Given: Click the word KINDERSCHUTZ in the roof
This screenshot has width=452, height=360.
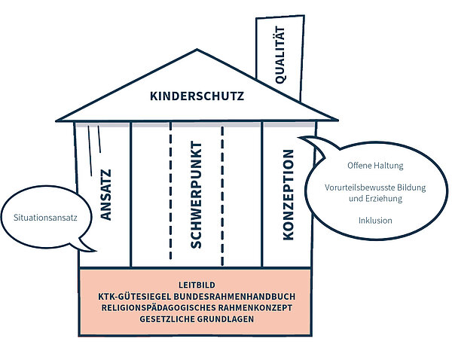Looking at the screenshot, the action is (x=197, y=96).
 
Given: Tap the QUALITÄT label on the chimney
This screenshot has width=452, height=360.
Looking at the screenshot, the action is (x=280, y=55).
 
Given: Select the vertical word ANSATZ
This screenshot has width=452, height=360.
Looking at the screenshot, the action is (x=105, y=195).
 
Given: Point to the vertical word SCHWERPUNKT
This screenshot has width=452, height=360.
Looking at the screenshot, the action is (x=196, y=195).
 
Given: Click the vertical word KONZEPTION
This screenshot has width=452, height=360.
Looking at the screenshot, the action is (x=288, y=195).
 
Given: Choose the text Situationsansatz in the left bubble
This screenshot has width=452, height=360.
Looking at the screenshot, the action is (x=45, y=218).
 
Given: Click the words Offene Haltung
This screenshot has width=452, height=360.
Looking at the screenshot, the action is (x=375, y=166).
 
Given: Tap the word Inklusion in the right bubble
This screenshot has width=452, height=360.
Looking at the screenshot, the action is (x=375, y=221).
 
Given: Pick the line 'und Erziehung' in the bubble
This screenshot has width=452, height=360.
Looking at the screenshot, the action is (x=375, y=199).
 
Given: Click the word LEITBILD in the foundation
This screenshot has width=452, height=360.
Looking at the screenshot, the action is (x=197, y=285).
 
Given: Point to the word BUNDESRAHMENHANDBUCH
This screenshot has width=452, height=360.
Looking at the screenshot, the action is (x=234, y=297).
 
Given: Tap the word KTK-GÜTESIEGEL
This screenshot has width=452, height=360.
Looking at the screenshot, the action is (x=135, y=297).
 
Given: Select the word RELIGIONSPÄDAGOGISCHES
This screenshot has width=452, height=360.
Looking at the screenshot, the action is (x=158, y=308).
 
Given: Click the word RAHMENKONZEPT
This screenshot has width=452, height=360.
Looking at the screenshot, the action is (x=255, y=308).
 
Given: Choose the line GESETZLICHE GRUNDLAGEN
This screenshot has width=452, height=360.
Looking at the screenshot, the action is (x=197, y=319).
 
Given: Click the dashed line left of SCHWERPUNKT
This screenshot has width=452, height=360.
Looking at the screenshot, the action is (x=171, y=191).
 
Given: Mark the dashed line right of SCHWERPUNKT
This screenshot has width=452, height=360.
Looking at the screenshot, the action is (x=222, y=196).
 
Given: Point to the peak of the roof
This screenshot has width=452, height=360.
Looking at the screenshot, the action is (x=197, y=50).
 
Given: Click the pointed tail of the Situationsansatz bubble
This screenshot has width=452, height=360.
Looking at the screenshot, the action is (x=95, y=251).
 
